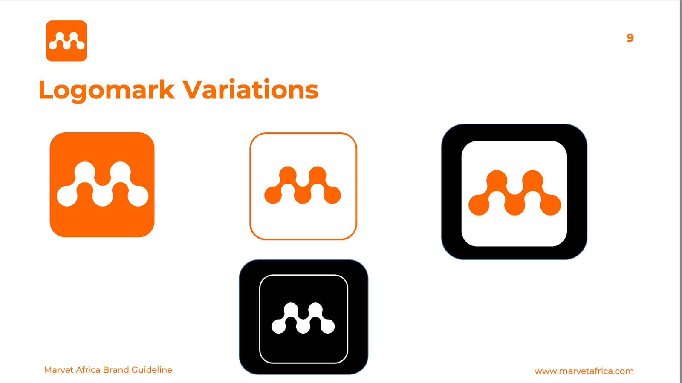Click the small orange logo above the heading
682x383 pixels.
pos(66,41)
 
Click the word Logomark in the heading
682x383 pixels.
pos(107,90)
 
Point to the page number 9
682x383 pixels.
pos(630,38)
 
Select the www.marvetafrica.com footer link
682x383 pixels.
pos(584,371)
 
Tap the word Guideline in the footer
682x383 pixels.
pos(152,370)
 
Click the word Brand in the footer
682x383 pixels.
pos(116,370)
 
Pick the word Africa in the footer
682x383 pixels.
pos(88,370)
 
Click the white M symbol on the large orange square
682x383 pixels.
pos(103,184)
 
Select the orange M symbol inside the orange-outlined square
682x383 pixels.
pos(303,185)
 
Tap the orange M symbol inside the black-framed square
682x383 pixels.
pos(514,193)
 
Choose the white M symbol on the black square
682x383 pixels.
pos(303,318)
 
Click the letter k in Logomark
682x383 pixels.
pos(167,89)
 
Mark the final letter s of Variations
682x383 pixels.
pos(311,92)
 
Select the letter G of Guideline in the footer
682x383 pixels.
pos(135,370)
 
